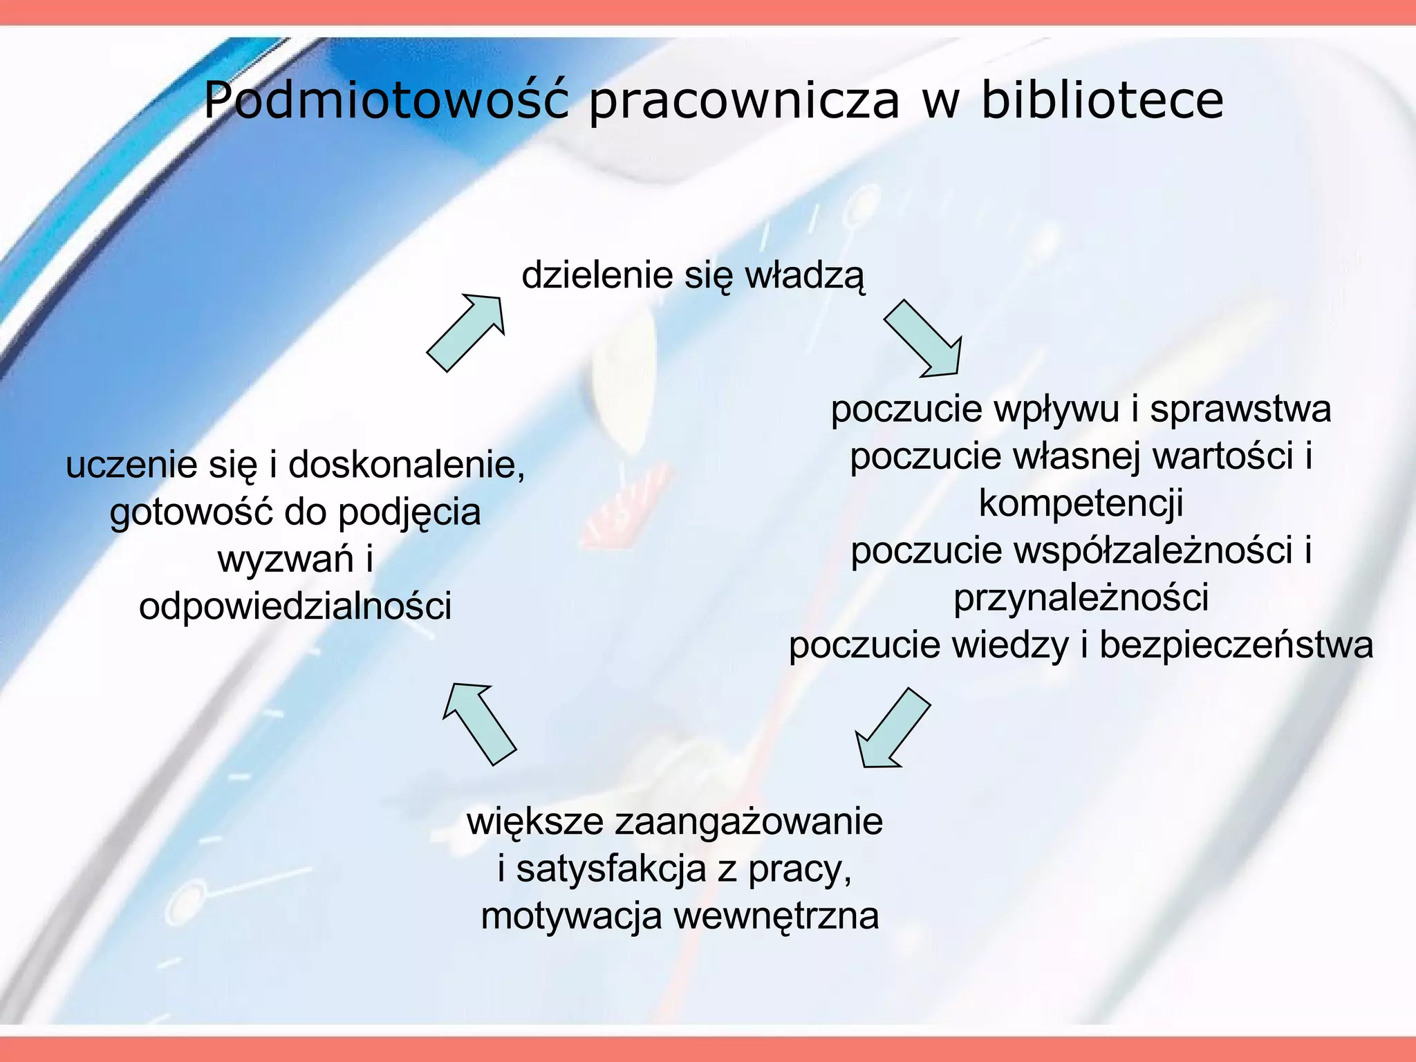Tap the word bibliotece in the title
point(1102,100)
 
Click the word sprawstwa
point(1240,409)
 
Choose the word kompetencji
point(1081,503)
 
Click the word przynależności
point(1081,598)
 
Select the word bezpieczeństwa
point(1236,645)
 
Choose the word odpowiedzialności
point(295,606)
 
